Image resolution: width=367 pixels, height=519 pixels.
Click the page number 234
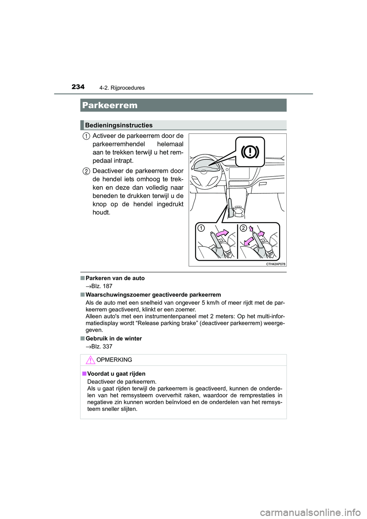tap(78, 87)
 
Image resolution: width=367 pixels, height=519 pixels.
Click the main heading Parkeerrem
tap(110, 105)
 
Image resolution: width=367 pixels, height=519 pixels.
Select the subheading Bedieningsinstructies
tap(119, 125)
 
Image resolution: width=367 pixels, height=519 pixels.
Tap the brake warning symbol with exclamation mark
tap(250, 152)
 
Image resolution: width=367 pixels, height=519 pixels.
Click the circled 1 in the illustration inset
tap(201, 228)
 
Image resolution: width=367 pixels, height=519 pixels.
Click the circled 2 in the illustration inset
tap(243, 228)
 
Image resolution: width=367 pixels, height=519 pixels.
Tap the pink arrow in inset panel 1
tap(221, 233)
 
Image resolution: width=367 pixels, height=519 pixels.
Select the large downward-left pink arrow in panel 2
tap(248, 241)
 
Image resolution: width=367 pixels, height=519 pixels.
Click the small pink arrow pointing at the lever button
tap(251, 229)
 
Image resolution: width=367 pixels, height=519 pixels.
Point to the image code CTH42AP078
tap(276, 264)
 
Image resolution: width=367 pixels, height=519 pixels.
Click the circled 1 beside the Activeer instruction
tap(87, 136)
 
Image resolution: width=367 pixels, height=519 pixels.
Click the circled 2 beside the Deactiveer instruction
tap(87, 171)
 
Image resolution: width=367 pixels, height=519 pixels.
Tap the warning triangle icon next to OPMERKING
tap(90, 360)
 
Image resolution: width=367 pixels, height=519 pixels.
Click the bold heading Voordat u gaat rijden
tap(116, 374)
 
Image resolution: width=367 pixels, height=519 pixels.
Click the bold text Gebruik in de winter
tap(114, 339)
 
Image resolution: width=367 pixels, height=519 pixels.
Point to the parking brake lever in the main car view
tap(230, 207)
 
